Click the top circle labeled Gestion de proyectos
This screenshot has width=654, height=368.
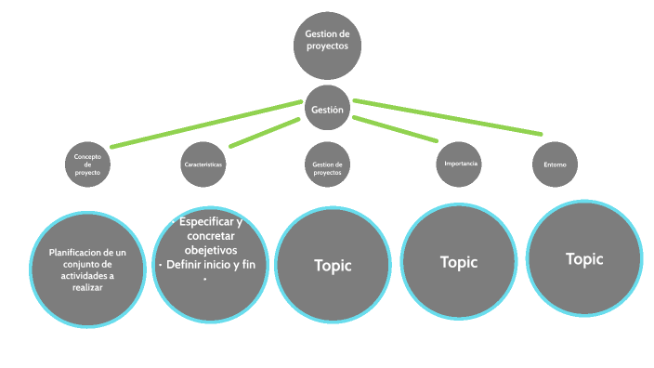coord(327,46)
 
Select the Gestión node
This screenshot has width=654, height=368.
coord(327,108)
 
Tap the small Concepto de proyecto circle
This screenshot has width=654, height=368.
coord(87,164)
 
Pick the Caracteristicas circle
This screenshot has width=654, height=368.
coord(203,164)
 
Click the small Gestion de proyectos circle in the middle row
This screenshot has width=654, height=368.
coord(327,164)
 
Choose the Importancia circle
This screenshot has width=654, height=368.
coord(459,164)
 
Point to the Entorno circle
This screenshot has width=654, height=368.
coord(556,164)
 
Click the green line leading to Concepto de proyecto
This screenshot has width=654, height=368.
coord(206,124)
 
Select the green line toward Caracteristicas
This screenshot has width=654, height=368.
coord(265,133)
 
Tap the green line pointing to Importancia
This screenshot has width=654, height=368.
coord(396,129)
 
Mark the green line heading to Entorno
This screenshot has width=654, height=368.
coord(448,117)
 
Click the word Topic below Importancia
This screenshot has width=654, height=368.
coord(459,262)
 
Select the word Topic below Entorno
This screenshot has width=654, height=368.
coord(584,259)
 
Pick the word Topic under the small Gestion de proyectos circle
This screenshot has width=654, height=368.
coord(333,266)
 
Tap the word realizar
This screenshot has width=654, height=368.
coord(87,287)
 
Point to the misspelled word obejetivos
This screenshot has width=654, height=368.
coord(211,250)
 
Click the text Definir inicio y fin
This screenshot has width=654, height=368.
coord(211,265)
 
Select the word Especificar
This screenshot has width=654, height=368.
coord(206,222)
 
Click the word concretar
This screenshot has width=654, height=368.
coord(211,236)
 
